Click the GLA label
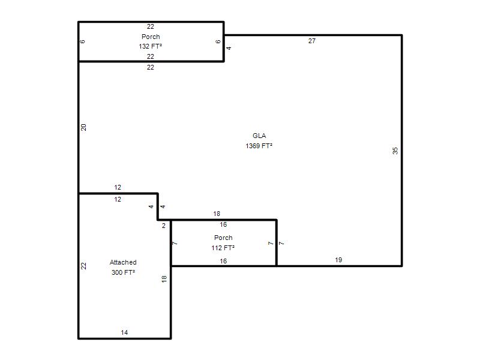click(259, 136)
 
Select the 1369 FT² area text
click(259, 146)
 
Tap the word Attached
click(123, 262)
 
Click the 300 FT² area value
click(123, 272)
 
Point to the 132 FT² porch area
click(151, 46)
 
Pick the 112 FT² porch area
click(223, 248)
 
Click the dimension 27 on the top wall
click(311, 41)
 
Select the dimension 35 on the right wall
click(395, 151)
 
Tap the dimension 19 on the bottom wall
click(338, 260)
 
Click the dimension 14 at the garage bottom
click(124, 332)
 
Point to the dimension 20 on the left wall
click(83, 127)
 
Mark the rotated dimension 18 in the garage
click(164, 279)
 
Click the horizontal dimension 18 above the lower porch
click(217, 214)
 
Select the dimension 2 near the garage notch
click(164, 226)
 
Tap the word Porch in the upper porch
click(151, 37)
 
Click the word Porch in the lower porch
click(223, 238)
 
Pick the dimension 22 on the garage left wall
click(83, 266)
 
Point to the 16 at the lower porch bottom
click(223, 261)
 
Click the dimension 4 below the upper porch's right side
click(229, 48)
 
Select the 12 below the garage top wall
click(118, 199)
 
